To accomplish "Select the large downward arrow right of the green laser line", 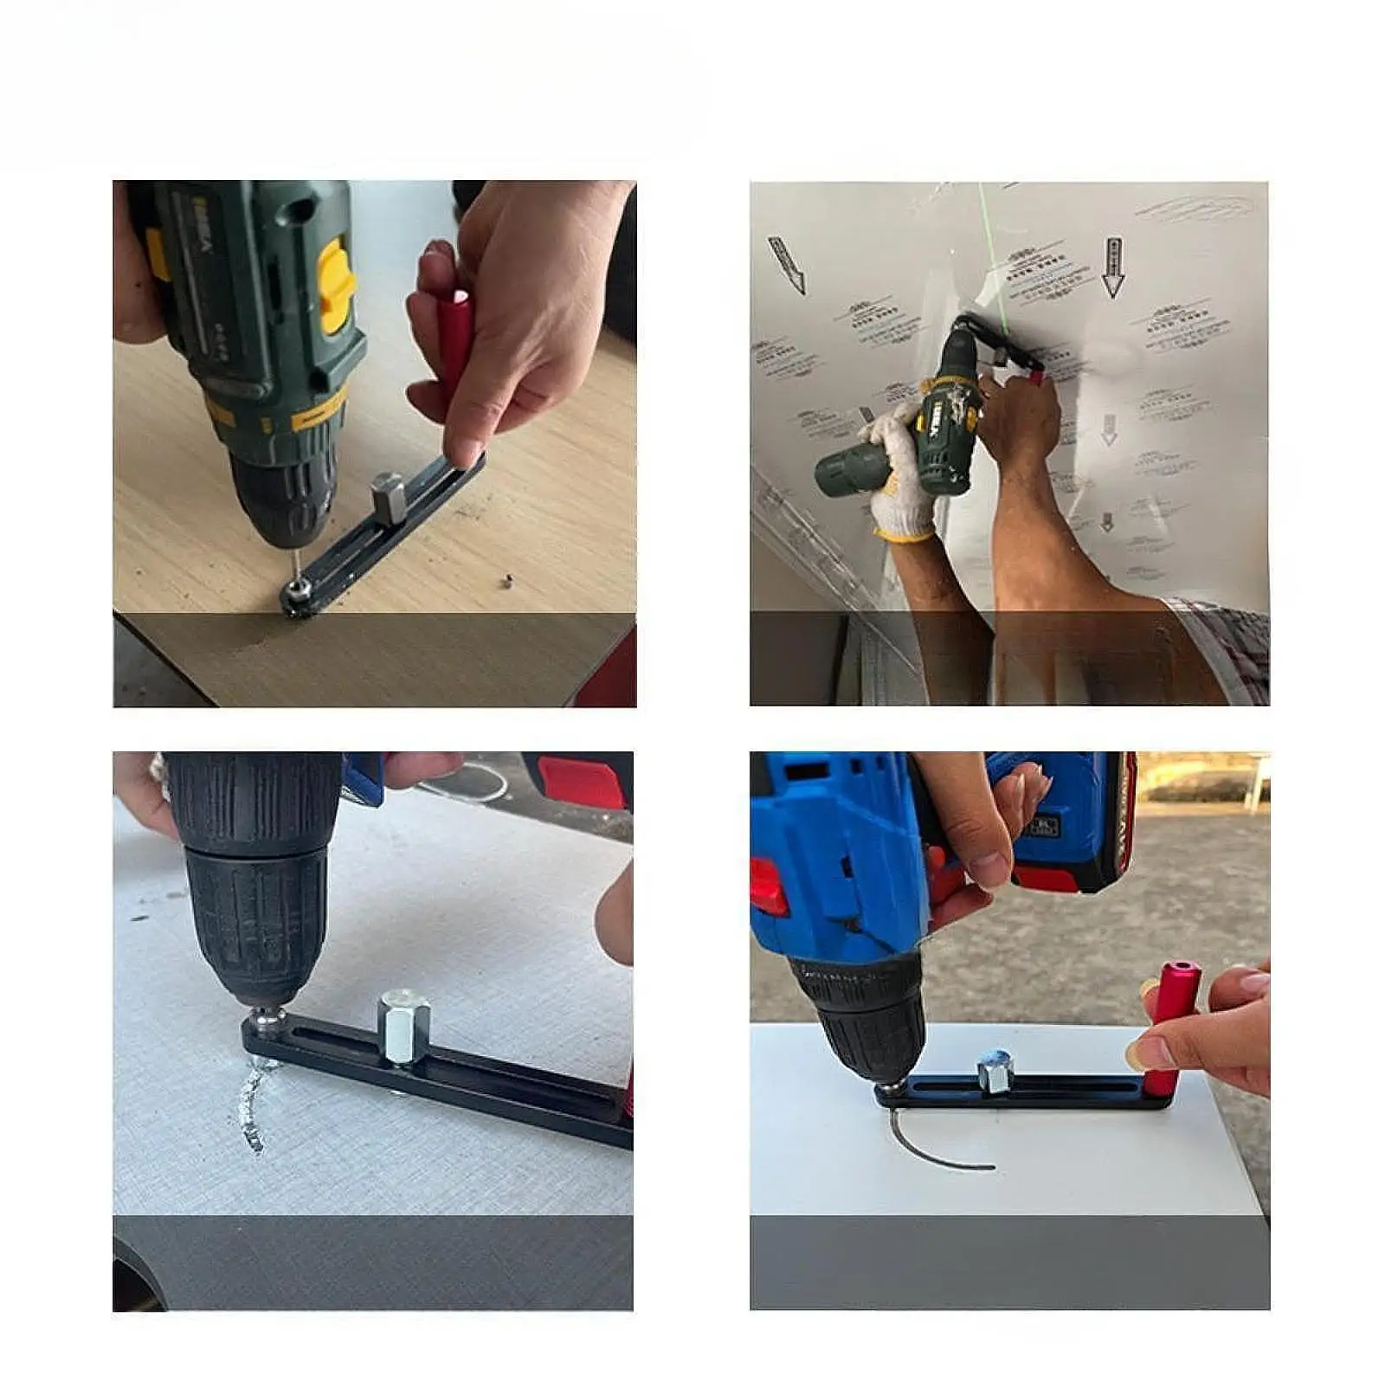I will (x=1113, y=268).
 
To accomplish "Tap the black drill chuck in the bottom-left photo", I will (x=256, y=900).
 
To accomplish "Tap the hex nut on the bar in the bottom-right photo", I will (x=994, y=1073).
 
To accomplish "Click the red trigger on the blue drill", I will (x=769, y=886).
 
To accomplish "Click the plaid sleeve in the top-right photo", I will (x=1229, y=641).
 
